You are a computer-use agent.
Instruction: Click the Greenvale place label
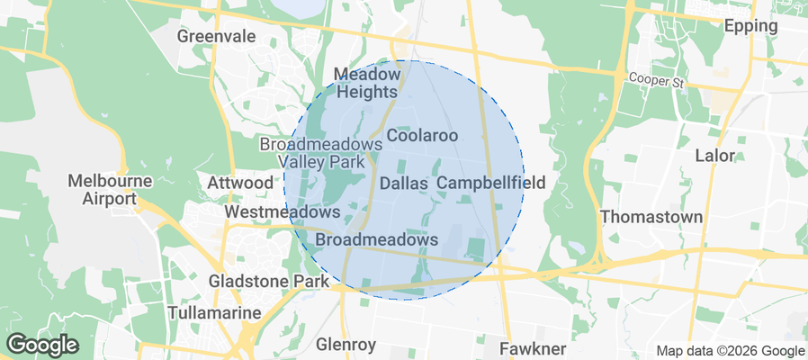216,37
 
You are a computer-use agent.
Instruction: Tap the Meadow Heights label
365,83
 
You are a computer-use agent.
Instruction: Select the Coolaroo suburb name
422,136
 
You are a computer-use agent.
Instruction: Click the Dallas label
403,184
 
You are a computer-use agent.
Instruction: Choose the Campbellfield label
490,184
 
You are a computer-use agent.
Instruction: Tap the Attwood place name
239,184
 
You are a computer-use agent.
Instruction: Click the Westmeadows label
282,212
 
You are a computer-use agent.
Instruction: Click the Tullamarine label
214,313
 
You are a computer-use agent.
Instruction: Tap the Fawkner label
533,347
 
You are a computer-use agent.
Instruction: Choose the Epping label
750,26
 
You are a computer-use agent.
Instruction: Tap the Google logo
42,344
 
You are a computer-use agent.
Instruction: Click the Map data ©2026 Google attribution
730,351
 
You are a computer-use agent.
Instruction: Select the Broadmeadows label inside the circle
377,240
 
